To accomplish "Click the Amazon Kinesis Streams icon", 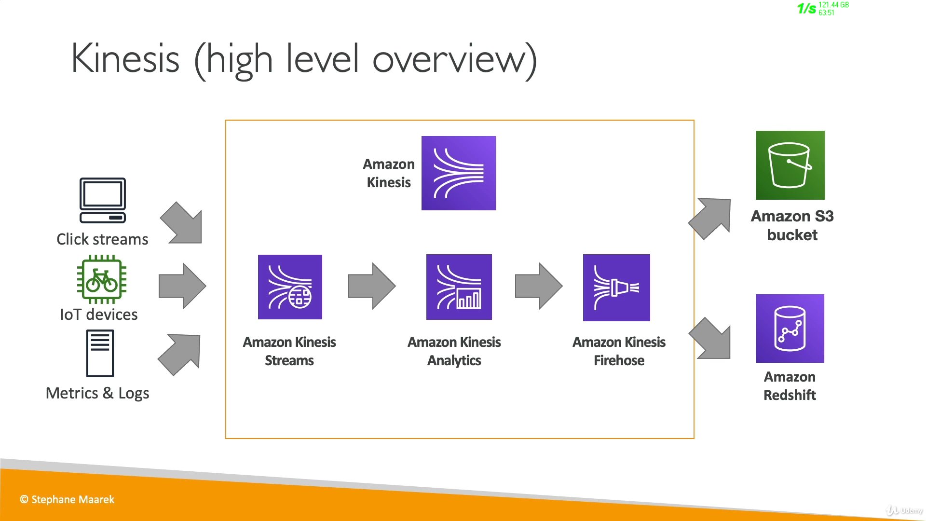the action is pos(290,287).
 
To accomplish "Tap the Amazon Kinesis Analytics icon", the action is pos(459,287).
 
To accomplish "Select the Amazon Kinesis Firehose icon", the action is pos(616,288).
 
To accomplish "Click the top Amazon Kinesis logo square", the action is pos(458,173).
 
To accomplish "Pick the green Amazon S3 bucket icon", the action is pos(790,165).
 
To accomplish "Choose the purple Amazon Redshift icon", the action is pos(790,329).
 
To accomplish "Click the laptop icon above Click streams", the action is pos(103,200).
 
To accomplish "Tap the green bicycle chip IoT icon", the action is pos(102,279).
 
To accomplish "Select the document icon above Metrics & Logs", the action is pos(100,353).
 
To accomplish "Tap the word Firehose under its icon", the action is pos(619,360).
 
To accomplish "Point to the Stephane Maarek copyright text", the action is pos(67,500).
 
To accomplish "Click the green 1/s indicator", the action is pos(806,9).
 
